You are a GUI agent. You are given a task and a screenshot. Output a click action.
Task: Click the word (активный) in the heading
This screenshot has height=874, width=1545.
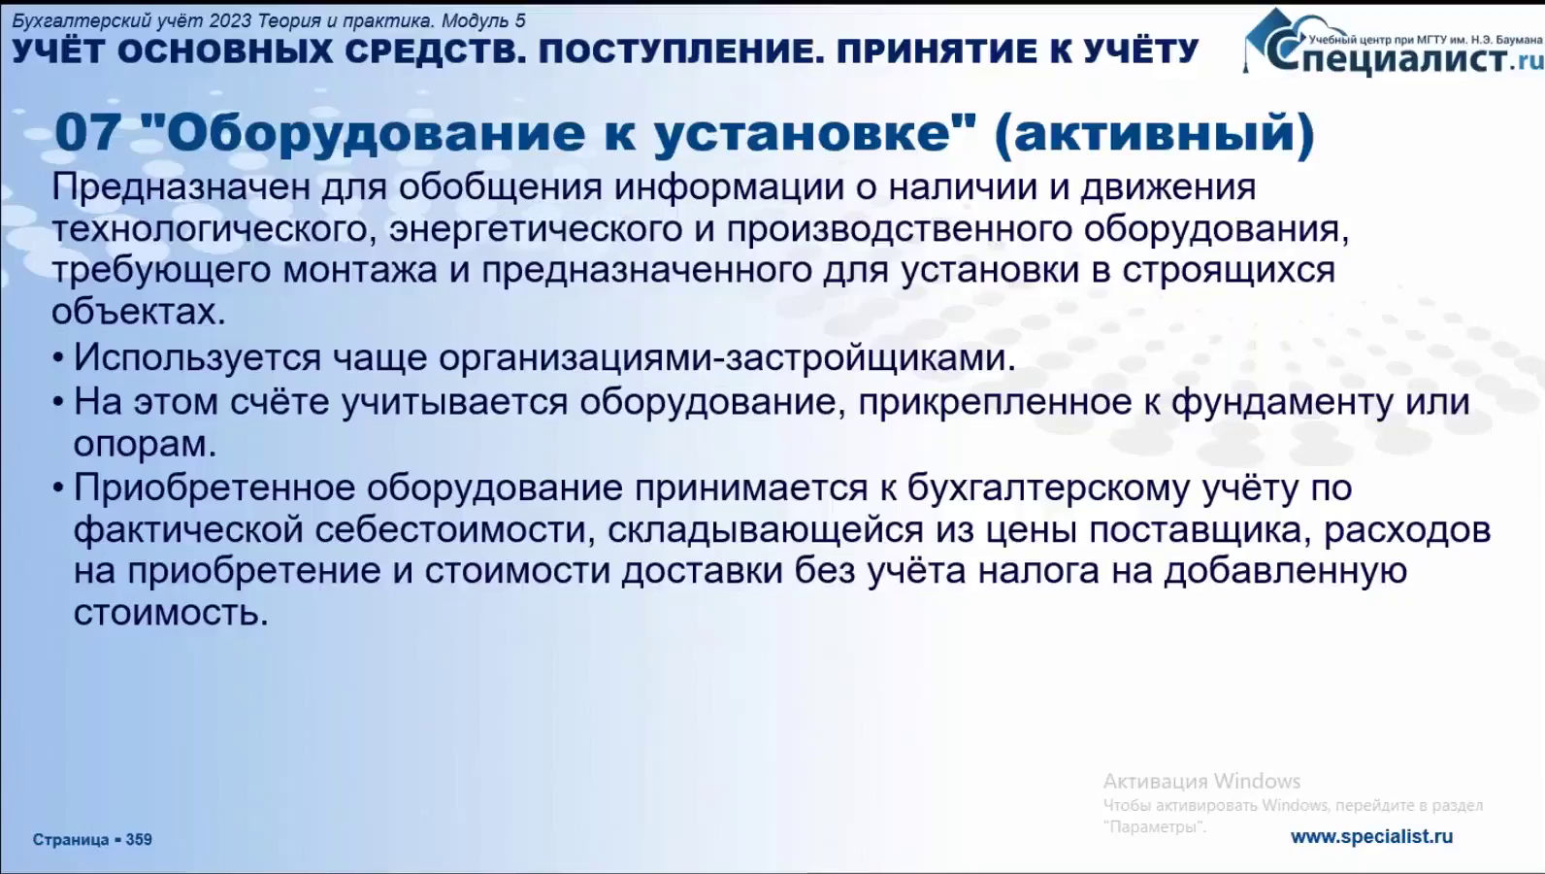click(x=1155, y=134)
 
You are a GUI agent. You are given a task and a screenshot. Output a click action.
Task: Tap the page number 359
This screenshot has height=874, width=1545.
click(x=139, y=839)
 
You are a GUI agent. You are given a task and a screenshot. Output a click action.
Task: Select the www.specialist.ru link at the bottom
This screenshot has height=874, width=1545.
click(x=1371, y=837)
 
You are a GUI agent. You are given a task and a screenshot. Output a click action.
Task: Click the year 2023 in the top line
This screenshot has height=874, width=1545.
click(x=230, y=21)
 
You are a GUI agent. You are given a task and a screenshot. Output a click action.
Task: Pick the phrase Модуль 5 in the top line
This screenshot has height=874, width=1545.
click(x=483, y=21)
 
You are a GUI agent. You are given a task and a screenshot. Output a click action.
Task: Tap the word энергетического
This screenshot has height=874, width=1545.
click(x=536, y=229)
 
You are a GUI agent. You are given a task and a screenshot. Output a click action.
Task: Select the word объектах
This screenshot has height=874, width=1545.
click(x=139, y=312)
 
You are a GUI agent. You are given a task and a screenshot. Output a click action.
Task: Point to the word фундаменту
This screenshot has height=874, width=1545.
click(x=1282, y=402)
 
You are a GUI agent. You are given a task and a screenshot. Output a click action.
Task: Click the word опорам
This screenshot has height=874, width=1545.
click(x=145, y=444)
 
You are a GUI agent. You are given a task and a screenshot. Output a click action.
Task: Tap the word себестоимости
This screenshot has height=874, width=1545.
click(x=454, y=530)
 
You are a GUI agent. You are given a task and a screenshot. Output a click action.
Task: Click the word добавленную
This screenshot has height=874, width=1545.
click(x=1285, y=571)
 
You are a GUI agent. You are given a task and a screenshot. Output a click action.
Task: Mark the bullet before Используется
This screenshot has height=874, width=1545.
click(x=58, y=358)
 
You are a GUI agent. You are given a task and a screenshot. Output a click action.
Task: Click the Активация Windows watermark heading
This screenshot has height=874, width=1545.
click(x=1201, y=781)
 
